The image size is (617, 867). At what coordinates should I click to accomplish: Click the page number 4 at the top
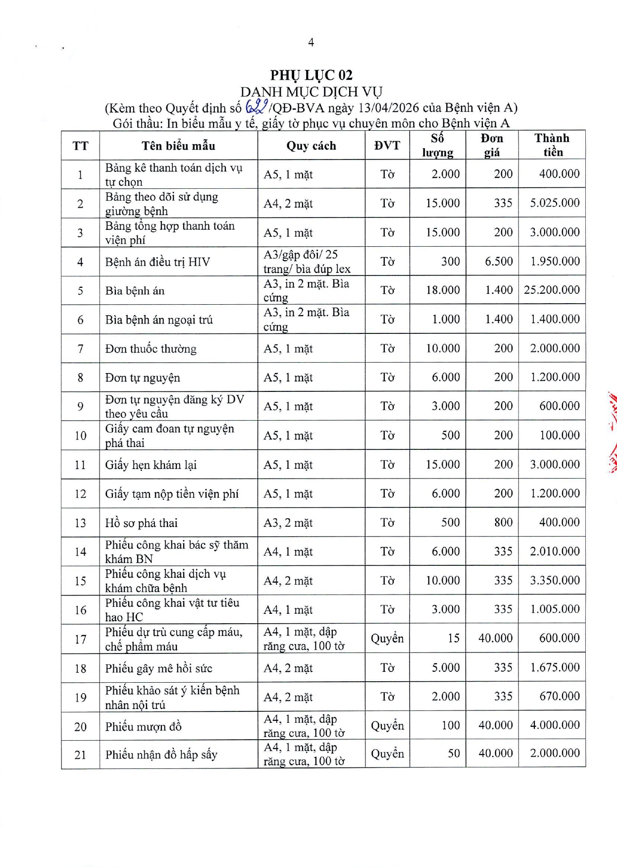coord(311,43)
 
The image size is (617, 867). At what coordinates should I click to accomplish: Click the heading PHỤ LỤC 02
coord(311,75)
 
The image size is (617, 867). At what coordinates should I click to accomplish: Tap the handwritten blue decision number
coord(257,107)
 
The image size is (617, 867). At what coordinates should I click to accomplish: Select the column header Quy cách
coord(311,146)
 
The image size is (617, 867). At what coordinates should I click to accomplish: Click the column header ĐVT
coord(387,146)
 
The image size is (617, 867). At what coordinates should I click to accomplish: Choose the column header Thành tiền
coord(552,145)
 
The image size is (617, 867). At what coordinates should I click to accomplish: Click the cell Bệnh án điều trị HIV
coord(157,262)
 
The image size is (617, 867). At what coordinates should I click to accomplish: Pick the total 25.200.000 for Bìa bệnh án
coord(552,290)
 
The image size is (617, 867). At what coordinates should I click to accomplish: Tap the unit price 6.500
coord(499,262)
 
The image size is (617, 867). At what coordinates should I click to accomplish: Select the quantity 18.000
coord(443,290)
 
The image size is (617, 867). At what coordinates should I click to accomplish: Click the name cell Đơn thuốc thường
coord(151,349)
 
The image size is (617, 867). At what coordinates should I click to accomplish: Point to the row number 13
coord(80,523)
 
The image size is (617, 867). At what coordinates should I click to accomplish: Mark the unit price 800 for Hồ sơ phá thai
coord(503,523)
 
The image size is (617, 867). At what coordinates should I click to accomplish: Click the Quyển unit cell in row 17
coord(387,639)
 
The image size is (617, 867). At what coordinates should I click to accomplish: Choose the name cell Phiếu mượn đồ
coord(143,727)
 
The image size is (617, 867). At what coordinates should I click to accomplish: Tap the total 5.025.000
coord(555,203)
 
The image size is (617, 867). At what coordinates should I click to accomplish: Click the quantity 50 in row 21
coord(454,754)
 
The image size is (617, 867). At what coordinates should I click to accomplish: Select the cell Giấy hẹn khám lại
coord(151,465)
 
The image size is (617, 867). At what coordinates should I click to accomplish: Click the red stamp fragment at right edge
coord(613,431)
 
